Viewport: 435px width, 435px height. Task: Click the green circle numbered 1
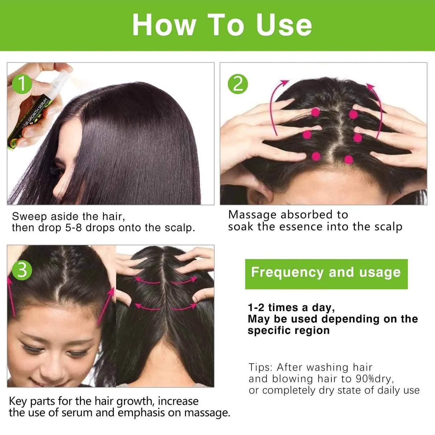[22, 84]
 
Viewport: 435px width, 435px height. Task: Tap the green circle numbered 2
[238, 84]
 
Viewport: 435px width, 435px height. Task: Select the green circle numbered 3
[22, 269]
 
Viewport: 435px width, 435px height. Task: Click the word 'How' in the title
[164, 25]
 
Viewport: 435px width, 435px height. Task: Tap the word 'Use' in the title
[284, 25]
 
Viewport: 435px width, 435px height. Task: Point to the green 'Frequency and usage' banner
[326, 273]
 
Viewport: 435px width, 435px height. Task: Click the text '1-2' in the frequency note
[255, 307]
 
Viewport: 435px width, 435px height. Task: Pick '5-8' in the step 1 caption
[73, 228]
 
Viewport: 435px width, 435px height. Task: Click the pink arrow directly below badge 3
[12, 297]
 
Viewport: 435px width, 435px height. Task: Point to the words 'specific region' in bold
[288, 330]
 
